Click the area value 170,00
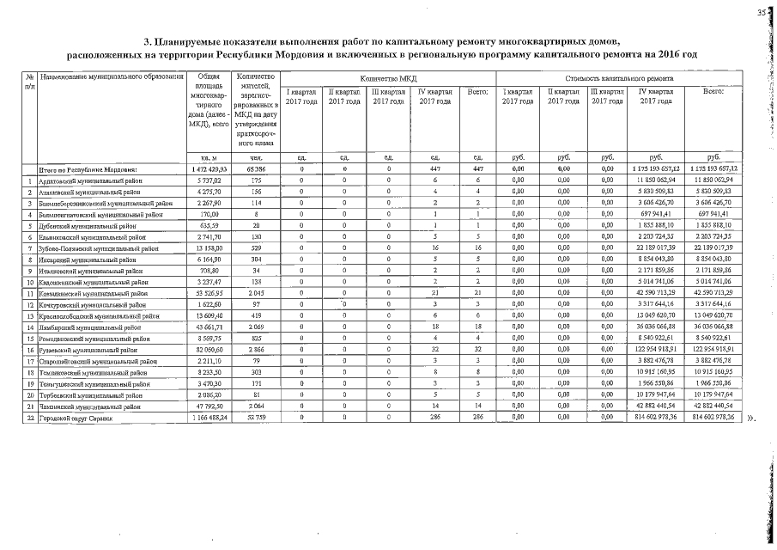[210, 215]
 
